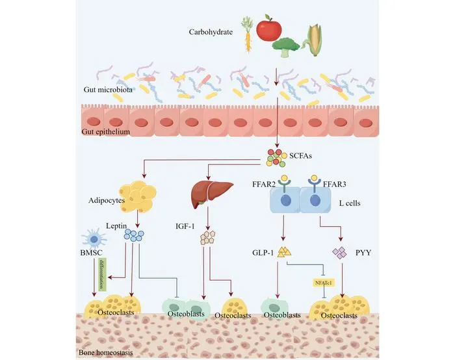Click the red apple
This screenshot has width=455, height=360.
click(268, 27)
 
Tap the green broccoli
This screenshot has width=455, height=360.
click(286, 47)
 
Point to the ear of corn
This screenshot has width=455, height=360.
click(313, 40)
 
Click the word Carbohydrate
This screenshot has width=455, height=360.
click(211, 32)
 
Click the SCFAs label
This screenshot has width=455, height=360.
click(300, 156)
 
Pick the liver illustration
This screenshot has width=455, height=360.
click(212, 193)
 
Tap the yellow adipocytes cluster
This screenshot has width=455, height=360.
click(138, 196)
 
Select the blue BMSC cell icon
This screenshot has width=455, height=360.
click(94, 238)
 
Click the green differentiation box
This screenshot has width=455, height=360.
click(103, 274)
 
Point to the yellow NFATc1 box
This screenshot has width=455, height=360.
click(324, 283)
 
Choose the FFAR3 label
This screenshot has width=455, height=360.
click(335, 184)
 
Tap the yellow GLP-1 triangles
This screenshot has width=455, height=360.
click(284, 251)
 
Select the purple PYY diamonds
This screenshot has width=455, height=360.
click(339, 252)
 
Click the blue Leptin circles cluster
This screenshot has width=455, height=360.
click(134, 235)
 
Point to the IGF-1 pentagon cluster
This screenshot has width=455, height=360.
click(208, 238)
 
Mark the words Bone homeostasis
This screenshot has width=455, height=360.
click(106, 353)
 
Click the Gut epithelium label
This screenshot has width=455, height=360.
click(105, 132)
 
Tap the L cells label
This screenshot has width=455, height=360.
click(350, 203)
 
